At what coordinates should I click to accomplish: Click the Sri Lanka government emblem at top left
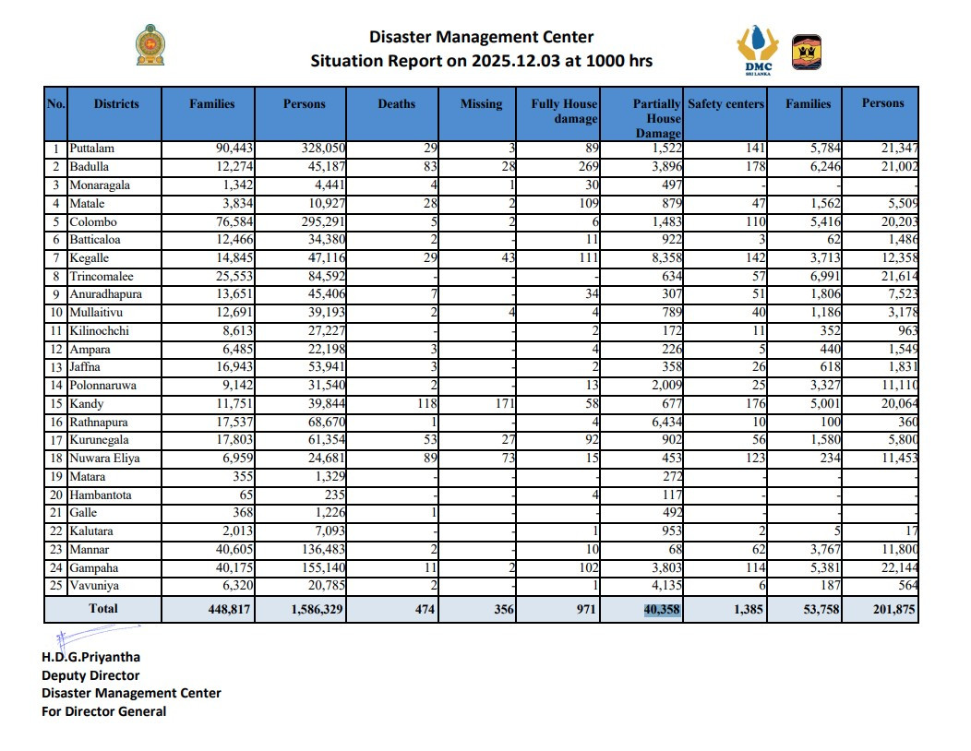point(152,46)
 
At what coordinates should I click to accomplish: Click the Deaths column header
point(397,104)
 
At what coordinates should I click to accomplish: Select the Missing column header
point(481,104)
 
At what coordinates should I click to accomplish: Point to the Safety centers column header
point(725,104)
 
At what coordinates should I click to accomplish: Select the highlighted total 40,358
point(662,609)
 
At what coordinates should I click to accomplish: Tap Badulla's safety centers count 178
point(753,167)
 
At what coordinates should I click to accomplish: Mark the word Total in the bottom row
point(102,609)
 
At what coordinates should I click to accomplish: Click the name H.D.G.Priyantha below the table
point(91,658)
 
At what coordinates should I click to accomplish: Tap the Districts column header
point(116,104)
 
